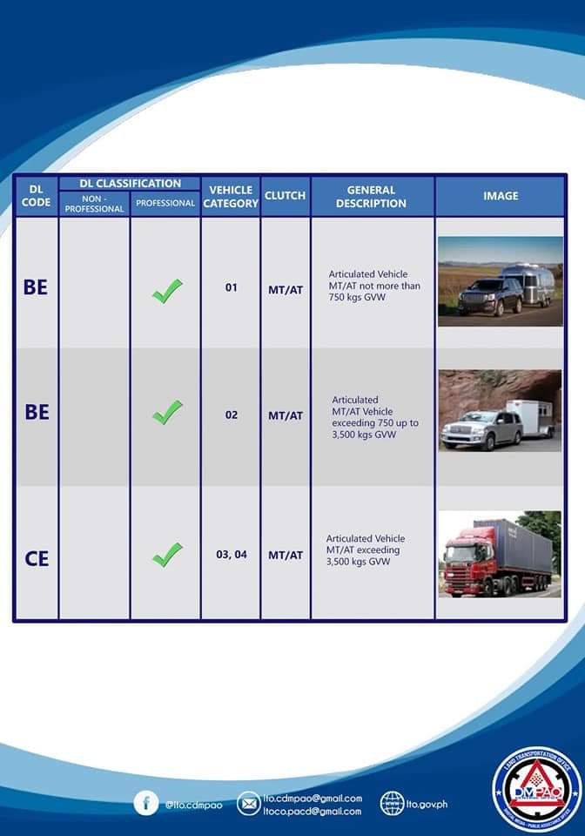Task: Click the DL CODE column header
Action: point(36,195)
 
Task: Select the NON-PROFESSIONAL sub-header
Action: point(94,204)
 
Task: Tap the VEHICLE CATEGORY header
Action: point(231,196)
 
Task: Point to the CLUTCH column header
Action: point(285,196)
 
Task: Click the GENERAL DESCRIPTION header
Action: point(372,196)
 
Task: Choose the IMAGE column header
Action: point(501,196)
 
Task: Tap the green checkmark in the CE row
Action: point(166,555)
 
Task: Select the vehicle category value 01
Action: point(231,287)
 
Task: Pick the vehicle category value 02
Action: point(231,415)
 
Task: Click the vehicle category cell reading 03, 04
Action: point(231,555)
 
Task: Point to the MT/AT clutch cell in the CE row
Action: point(285,555)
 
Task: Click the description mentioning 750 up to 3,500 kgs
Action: point(374,417)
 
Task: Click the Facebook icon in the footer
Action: point(146,803)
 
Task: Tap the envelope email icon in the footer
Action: point(248,803)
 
